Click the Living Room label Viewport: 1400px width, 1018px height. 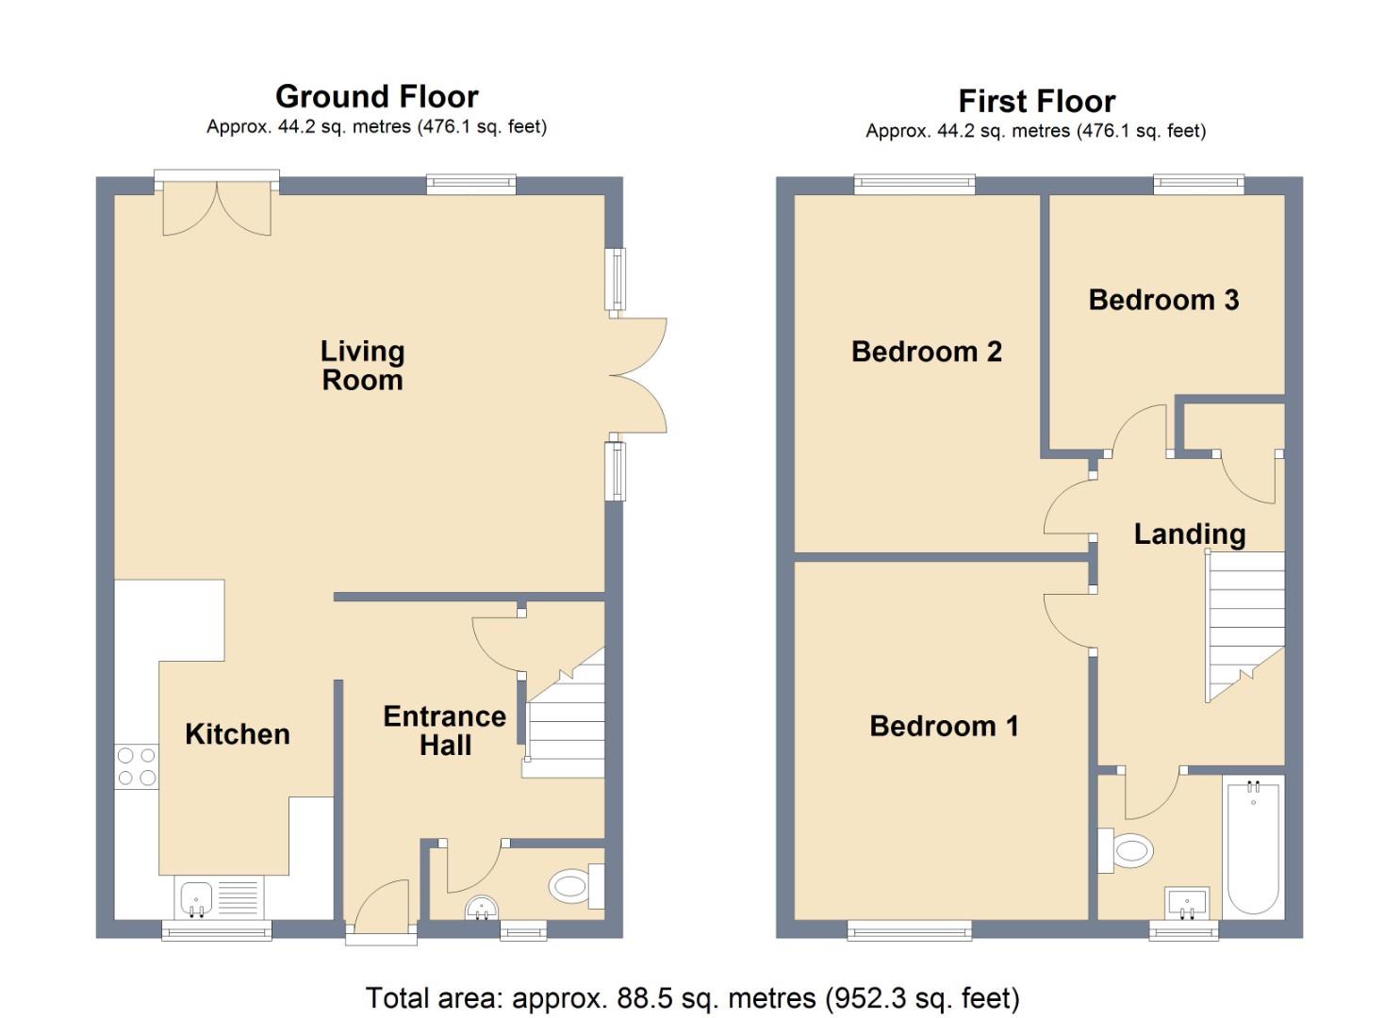[363, 366]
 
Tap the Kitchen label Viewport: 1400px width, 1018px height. [238, 734]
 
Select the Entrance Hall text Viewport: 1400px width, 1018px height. [445, 731]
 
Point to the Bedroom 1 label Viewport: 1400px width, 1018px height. [944, 726]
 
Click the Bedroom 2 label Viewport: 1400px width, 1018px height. [926, 352]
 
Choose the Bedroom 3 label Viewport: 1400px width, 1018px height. [1163, 300]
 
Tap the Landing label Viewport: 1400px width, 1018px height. [1190, 534]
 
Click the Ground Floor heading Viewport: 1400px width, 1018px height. [377, 97]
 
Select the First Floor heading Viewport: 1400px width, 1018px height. [1037, 101]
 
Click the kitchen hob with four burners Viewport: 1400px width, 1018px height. [137, 766]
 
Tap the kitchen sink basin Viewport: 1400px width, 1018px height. [196, 898]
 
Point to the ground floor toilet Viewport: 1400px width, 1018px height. [577, 886]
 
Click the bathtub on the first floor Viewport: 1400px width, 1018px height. [1253, 846]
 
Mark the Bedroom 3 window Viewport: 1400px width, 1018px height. [1199, 183]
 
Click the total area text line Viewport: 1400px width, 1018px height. [693, 998]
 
